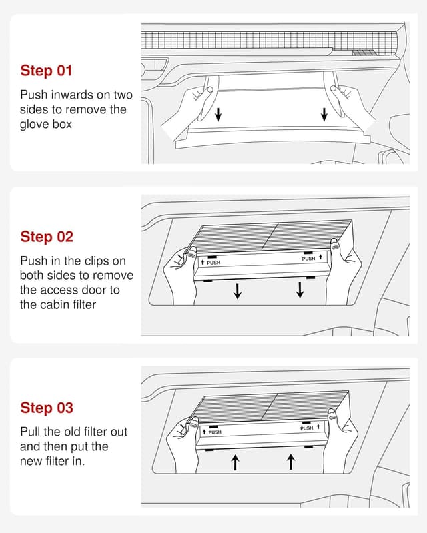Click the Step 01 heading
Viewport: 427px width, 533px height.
point(46,71)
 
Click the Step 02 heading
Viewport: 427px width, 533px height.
point(47,237)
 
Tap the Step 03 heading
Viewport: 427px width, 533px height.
point(47,408)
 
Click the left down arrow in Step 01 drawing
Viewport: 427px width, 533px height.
point(218,114)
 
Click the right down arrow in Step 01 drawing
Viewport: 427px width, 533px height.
point(324,114)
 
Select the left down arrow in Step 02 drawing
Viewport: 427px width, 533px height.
point(238,290)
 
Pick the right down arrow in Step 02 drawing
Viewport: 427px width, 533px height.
point(300,290)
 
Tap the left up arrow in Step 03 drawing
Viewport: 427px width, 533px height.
point(235,462)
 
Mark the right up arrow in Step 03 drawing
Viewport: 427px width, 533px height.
point(291,462)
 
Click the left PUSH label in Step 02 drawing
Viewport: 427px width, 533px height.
point(213,263)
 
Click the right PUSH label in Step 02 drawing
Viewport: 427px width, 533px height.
point(308,259)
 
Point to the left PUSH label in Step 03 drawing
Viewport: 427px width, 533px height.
point(215,432)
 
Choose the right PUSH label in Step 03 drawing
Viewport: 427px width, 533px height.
point(306,428)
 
